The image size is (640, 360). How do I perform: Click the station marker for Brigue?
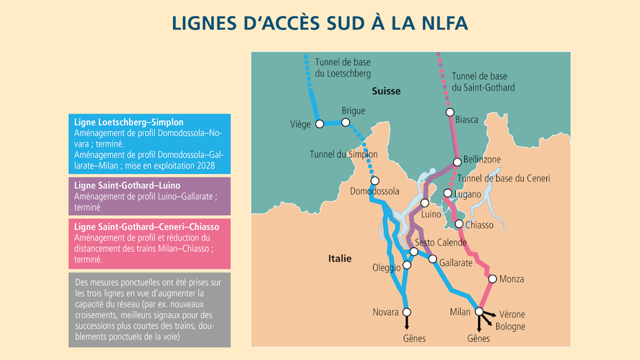(346, 122)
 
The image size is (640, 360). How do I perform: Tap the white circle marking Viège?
(319, 124)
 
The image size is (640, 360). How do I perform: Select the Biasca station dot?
(449, 112)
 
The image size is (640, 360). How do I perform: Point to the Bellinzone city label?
(482, 160)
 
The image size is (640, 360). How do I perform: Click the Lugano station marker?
(447, 193)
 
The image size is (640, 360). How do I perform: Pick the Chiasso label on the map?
(479, 225)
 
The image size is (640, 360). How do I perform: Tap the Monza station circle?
(492, 279)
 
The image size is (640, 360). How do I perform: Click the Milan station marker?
(479, 311)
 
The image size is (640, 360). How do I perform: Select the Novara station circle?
(407, 312)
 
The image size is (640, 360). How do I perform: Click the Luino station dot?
(424, 202)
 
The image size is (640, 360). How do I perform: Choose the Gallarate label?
(456, 263)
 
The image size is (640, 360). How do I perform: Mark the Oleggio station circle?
(407, 265)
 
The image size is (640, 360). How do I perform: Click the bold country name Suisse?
(386, 91)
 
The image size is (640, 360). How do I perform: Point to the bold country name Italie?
(340, 259)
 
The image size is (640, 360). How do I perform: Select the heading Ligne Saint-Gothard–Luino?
(127, 186)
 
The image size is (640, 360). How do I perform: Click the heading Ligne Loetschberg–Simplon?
(129, 122)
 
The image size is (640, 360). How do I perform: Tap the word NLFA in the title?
(437, 23)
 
